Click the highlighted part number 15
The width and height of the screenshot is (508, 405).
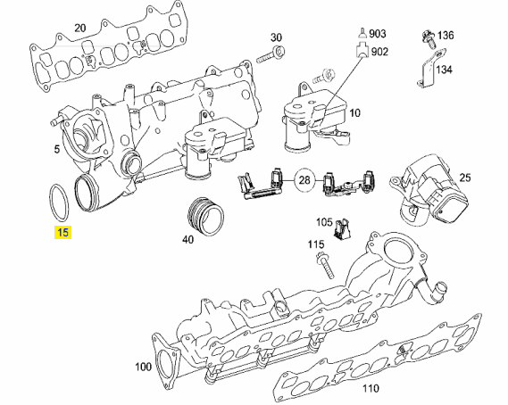tap(62, 234)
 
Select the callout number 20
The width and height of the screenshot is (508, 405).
tap(79, 28)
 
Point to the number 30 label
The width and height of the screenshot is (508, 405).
tap(276, 37)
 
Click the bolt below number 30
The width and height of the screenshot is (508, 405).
tap(269, 56)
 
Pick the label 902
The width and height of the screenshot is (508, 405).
tap(379, 52)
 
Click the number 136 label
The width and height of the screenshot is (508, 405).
tap(445, 36)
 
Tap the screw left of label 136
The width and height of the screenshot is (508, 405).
tap(426, 37)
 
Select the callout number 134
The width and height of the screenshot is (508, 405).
tap(445, 69)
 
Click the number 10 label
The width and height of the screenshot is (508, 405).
tap(354, 113)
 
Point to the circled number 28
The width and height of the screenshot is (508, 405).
tap(304, 181)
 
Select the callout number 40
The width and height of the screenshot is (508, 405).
tap(187, 240)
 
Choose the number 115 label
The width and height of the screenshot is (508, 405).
tap(316, 244)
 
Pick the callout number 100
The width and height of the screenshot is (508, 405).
tap(143, 368)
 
